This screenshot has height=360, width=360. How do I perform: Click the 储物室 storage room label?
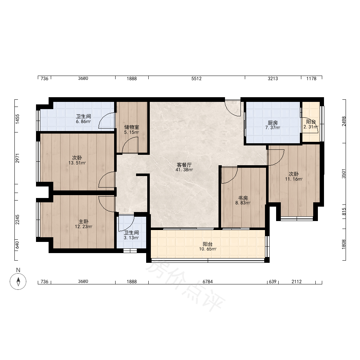[131, 127]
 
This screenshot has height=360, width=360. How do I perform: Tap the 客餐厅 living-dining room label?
[184, 165]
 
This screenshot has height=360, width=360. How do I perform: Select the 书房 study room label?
[243, 198]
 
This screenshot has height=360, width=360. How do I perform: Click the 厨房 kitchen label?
[273, 123]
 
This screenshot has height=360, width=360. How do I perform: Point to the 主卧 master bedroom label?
[84, 221]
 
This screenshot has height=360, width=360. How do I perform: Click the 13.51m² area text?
[77, 163]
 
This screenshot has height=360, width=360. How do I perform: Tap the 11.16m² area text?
[294, 179]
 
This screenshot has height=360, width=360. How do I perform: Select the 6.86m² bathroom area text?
[84, 121]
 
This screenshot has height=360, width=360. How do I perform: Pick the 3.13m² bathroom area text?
[131, 238]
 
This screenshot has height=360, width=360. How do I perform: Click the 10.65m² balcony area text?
[208, 249]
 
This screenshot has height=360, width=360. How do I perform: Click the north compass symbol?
[18, 282]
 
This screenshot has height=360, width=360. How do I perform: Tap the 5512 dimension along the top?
[196, 78]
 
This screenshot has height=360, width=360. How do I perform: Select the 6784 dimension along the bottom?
[208, 282]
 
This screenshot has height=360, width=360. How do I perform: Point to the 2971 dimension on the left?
[17, 158]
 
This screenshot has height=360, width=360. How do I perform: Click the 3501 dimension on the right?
[344, 174]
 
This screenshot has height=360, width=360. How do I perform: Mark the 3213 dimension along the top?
[273, 78]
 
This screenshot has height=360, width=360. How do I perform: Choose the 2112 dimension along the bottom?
[296, 282]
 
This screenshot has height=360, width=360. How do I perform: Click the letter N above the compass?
[18, 270]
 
